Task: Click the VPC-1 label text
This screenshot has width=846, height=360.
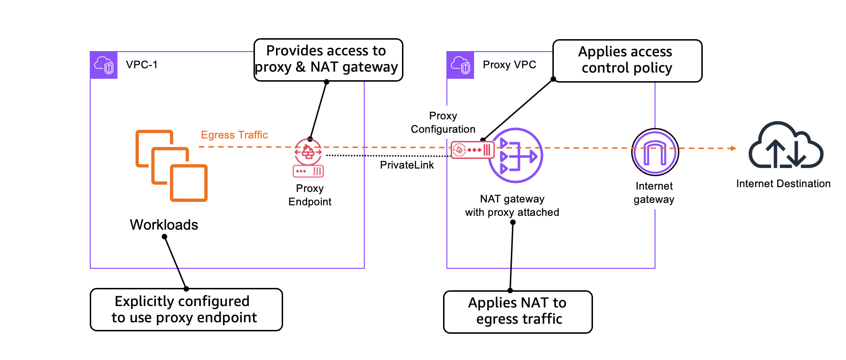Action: tap(141, 65)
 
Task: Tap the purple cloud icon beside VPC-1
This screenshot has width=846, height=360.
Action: tap(104, 65)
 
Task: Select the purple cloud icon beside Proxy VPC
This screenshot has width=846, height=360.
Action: tap(461, 65)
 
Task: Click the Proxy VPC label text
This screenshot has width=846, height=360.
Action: tap(509, 65)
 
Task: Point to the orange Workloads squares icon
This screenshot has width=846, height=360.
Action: tap(171, 165)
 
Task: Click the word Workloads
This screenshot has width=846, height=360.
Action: tap(164, 225)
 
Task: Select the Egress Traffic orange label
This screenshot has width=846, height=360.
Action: tap(234, 135)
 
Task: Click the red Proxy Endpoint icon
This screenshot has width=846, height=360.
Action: tap(308, 158)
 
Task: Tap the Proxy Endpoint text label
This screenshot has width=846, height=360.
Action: tap(309, 195)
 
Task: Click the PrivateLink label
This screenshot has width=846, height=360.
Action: tap(407, 165)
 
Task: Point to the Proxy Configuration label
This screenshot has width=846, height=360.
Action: tap(443, 123)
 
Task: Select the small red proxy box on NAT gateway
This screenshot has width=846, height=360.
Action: tap(472, 150)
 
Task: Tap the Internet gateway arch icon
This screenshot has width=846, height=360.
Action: tap(655, 152)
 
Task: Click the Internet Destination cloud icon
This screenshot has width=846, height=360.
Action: tap(785, 146)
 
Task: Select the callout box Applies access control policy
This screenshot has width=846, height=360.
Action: tap(627, 61)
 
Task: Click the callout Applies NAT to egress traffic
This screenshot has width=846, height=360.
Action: tap(518, 311)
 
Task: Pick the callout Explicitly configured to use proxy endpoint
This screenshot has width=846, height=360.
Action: tap(186, 309)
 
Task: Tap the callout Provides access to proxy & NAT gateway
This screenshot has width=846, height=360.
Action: tap(328, 60)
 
